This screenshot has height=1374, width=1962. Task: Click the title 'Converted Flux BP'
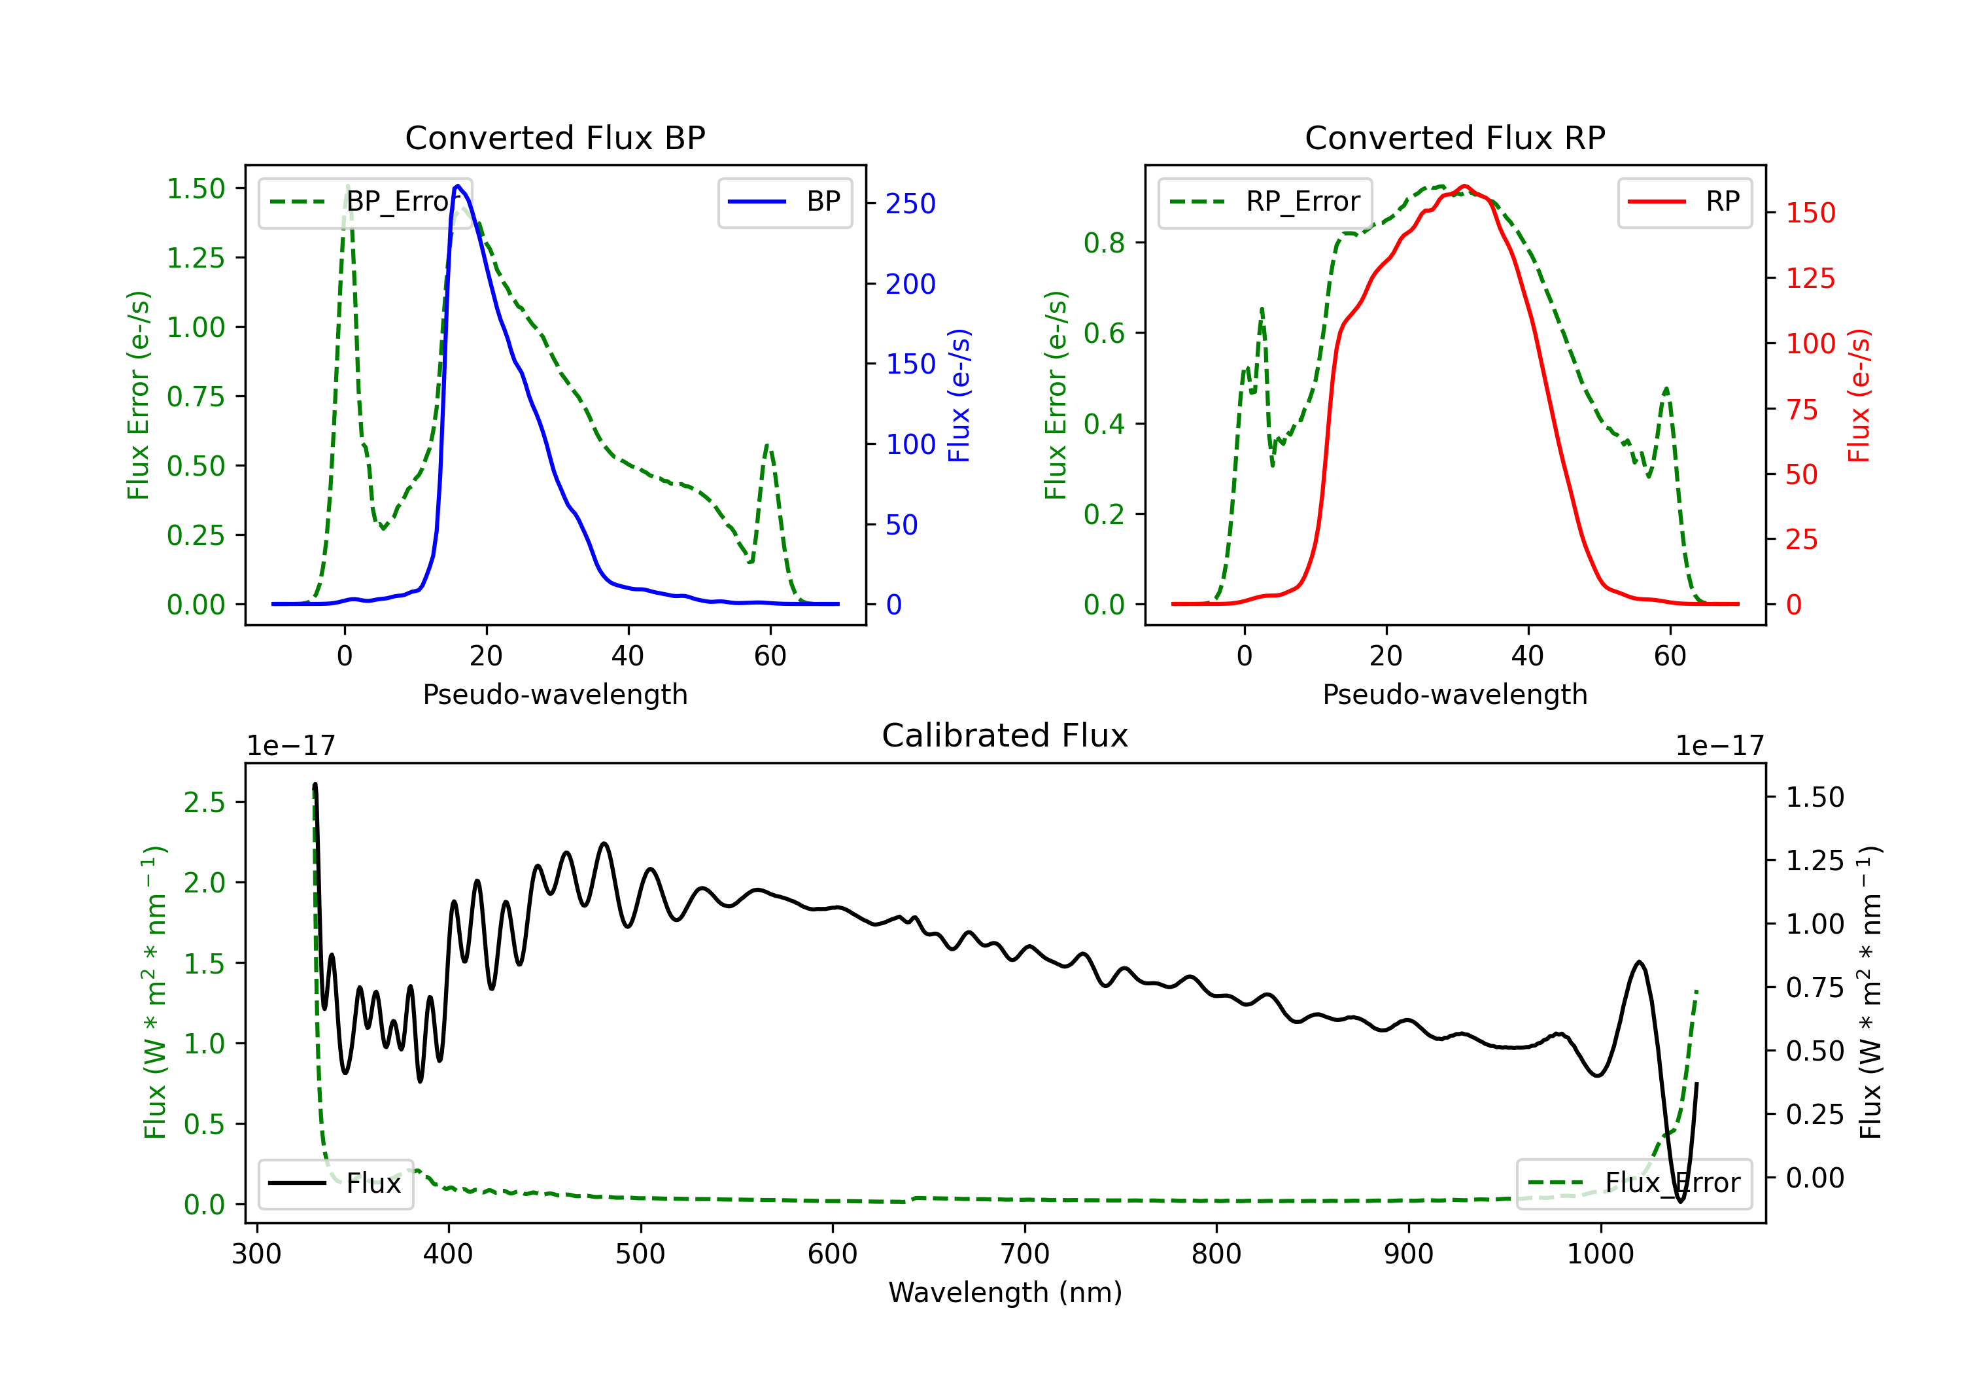click(555, 137)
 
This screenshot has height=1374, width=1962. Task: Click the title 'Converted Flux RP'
click(1454, 137)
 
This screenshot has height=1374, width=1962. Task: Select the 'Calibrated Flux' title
click(1005, 735)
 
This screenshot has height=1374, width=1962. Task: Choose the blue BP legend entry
click(784, 202)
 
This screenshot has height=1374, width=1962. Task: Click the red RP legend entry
click(1684, 202)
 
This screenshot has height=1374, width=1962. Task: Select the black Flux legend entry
click(335, 1184)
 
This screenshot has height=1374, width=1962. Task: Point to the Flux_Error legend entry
click(1634, 1184)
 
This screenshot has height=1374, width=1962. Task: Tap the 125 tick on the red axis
click(1810, 278)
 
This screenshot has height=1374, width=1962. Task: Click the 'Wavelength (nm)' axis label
click(1005, 1293)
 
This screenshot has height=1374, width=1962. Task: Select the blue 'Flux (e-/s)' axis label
click(959, 396)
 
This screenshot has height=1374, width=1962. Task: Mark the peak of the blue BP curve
click(458, 186)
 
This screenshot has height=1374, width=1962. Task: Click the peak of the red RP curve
click(1465, 186)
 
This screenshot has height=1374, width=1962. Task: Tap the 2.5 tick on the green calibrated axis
click(204, 802)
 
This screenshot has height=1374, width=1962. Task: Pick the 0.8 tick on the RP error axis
click(1104, 243)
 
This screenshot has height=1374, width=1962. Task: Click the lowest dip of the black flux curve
click(1681, 1201)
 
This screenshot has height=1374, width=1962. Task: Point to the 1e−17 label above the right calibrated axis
click(1719, 747)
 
